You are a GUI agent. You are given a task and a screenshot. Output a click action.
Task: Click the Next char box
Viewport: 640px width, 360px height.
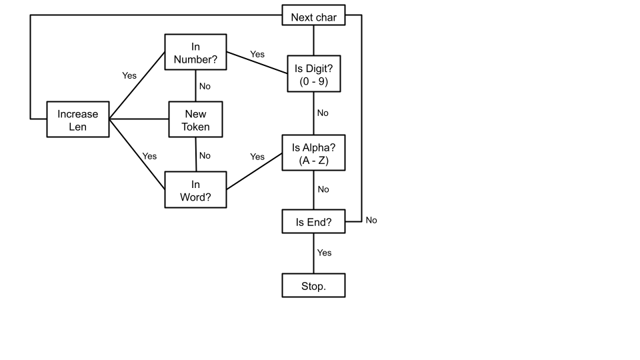[x=314, y=16]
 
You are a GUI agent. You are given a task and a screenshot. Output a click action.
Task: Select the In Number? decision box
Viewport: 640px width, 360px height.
[x=195, y=53]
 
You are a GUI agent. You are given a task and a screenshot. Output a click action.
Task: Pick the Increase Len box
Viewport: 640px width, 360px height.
[x=77, y=120]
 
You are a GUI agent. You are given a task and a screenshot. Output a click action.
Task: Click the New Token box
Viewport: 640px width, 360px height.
[x=195, y=120]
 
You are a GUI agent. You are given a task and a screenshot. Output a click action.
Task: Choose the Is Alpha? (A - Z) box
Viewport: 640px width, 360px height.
[x=314, y=153]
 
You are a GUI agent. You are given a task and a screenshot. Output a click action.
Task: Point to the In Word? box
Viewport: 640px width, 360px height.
[x=195, y=190]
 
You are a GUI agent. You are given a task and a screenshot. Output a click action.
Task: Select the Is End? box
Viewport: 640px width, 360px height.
[x=314, y=222]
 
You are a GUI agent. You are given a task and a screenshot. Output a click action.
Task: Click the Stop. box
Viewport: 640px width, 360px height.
[x=314, y=285]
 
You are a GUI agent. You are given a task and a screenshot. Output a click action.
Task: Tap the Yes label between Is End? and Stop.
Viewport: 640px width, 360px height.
[x=324, y=253]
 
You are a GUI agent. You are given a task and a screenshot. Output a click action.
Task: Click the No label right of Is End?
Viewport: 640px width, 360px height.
[x=371, y=220]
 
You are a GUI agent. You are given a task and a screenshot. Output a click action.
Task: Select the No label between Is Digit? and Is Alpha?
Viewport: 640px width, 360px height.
[x=323, y=113]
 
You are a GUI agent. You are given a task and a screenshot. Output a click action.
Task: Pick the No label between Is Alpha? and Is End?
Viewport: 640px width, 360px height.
[x=323, y=189]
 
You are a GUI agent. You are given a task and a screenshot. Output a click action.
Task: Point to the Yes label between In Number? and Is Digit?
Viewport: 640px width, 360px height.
[x=257, y=53]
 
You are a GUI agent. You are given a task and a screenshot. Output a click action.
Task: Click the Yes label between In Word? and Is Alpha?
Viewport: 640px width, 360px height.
[x=257, y=157]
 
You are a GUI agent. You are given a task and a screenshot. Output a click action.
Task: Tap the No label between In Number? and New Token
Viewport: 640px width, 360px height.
[x=205, y=86]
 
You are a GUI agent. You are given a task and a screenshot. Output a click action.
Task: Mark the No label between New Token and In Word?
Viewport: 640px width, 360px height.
[x=205, y=155]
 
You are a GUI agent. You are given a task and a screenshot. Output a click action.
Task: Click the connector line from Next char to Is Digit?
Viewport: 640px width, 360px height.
[x=314, y=40]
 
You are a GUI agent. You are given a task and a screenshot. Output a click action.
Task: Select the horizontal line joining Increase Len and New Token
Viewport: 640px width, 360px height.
[x=138, y=120]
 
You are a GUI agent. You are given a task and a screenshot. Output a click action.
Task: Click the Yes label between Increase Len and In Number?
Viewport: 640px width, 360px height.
[x=129, y=75]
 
